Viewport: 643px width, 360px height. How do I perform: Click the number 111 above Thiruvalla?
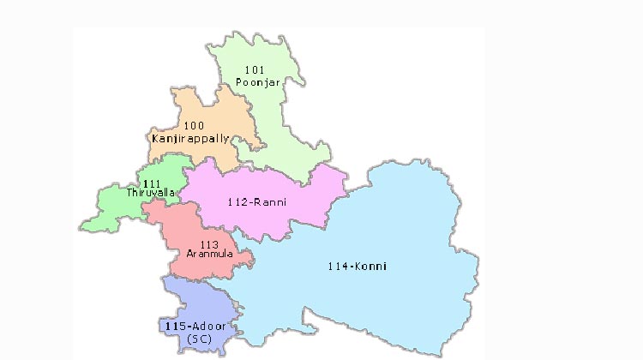pos(153,183)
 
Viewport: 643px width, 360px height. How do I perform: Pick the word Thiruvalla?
pos(150,193)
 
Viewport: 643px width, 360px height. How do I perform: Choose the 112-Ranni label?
pos(257,202)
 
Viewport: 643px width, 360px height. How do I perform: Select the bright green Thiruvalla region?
pos(116,206)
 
